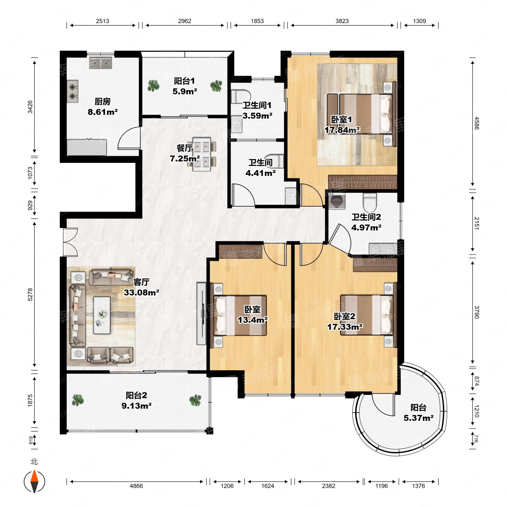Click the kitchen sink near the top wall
pyautogui.click(x=100, y=63)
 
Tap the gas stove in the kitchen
pyautogui.click(x=73, y=91)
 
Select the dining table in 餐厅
pyautogui.click(x=202, y=154)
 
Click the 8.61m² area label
pyautogui.click(x=103, y=112)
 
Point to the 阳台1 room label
pyautogui.click(x=185, y=81)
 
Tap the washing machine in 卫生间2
pyautogui.click(x=337, y=201)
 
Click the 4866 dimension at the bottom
pyautogui.click(x=136, y=486)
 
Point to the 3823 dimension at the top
pyautogui.click(x=342, y=21)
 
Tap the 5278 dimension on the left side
pyautogui.click(x=30, y=294)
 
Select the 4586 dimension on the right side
pyautogui.click(x=477, y=123)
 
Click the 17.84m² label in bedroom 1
pyautogui.click(x=342, y=130)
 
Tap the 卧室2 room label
pyautogui.click(x=344, y=316)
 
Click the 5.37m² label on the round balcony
pyautogui.click(x=418, y=418)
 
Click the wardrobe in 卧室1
pyautogui.click(x=363, y=182)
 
